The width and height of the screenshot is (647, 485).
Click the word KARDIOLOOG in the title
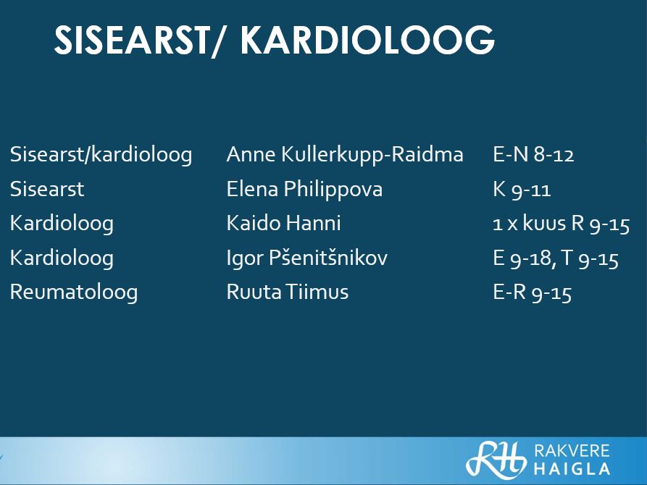click(367, 40)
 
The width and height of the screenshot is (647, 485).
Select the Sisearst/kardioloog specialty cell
click(101, 156)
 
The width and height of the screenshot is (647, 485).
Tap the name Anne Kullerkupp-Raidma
click(345, 156)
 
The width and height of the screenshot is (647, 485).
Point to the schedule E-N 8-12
click(533, 155)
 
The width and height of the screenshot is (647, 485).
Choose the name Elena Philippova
click(304, 190)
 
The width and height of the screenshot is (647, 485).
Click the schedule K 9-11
click(522, 190)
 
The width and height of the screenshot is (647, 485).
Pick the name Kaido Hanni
click(284, 223)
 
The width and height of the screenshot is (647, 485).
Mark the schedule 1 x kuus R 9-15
click(562, 224)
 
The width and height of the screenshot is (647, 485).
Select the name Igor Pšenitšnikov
click(307, 258)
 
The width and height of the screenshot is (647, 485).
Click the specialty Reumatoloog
click(74, 292)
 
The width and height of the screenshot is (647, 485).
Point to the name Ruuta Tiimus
click(288, 292)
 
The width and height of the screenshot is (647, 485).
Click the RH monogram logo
click(496, 460)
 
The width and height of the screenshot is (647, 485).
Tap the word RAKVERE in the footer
click(572, 450)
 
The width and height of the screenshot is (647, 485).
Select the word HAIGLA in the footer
click(572, 469)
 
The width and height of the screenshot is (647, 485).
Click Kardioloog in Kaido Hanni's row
click(62, 224)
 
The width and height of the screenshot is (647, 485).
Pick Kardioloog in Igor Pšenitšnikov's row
click(62, 258)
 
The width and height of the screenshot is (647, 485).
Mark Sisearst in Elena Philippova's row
click(47, 190)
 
